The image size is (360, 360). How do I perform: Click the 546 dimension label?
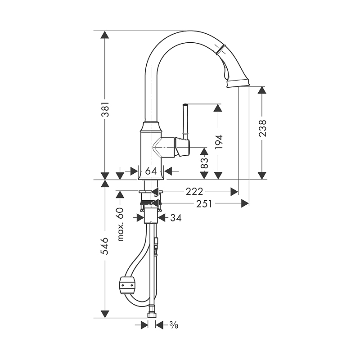[105, 246]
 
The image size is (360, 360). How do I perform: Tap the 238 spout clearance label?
[262, 128]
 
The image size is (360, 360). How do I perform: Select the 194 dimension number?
[219, 142]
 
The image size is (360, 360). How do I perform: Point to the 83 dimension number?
[204, 163]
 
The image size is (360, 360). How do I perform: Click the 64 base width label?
[151, 171]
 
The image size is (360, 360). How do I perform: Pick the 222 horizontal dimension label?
[194, 192]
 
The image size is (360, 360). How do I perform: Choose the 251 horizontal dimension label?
[204, 203]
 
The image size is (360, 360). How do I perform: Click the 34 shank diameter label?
[176, 218]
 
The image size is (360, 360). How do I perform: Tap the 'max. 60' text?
[120, 224]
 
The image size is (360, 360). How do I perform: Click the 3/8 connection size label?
[174, 325]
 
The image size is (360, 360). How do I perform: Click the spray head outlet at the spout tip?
[238, 83]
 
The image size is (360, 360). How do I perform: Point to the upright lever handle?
[185, 121]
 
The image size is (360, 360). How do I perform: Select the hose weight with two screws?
[127, 285]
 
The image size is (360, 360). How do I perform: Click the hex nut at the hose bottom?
[152, 311]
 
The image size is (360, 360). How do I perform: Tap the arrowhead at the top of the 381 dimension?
[105, 35]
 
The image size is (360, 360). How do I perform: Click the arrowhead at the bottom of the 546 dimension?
[105, 314]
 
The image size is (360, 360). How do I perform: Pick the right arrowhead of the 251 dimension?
[245, 203]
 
